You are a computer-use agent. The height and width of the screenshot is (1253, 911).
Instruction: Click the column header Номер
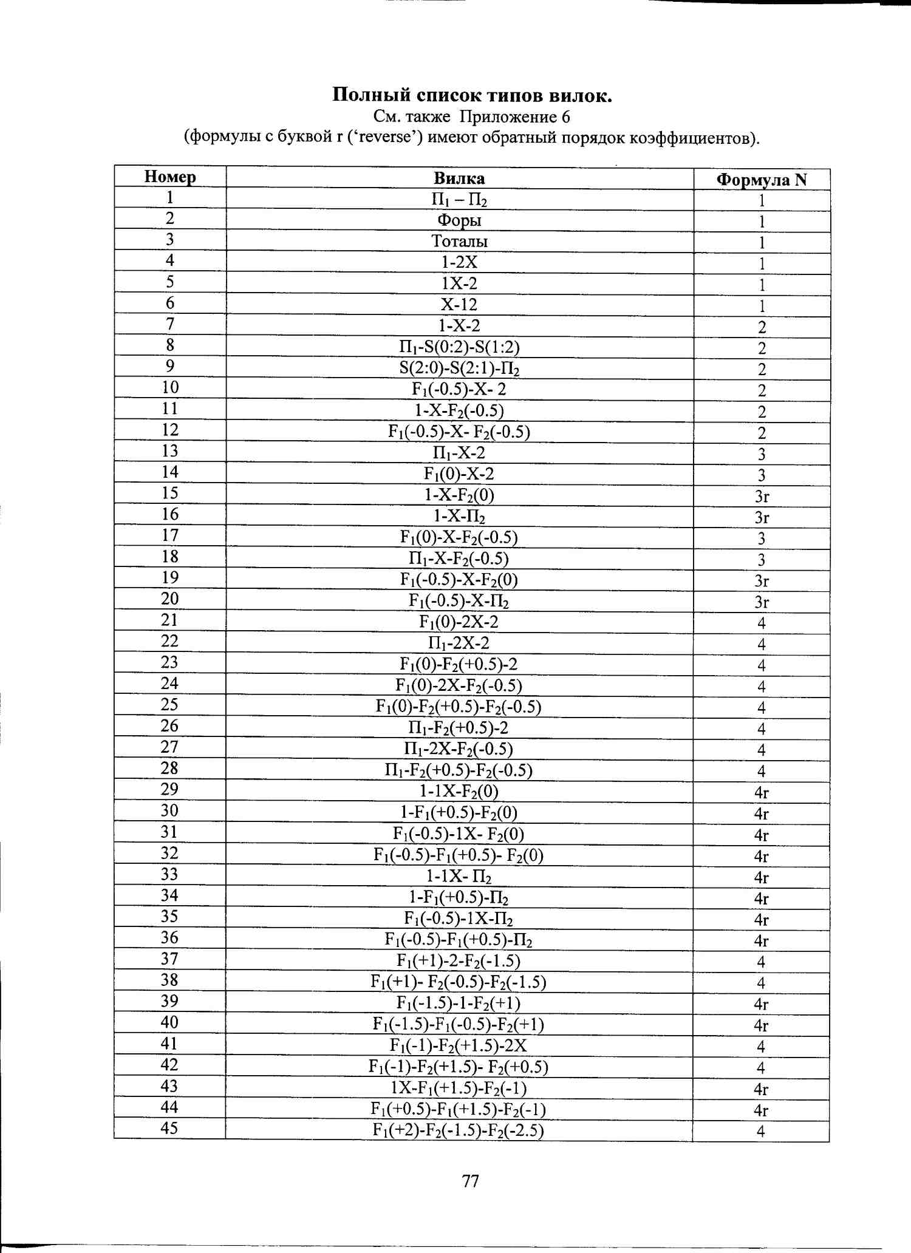(x=170, y=177)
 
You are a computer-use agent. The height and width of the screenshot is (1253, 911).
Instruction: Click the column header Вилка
(x=459, y=178)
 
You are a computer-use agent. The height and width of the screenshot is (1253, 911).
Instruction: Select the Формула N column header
(x=762, y=180)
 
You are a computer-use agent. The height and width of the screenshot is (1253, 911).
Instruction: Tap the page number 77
(x=471, y=1181)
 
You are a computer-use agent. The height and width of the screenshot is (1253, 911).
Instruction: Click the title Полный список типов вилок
(x=472, y=95)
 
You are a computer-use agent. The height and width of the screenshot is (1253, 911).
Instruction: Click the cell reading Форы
(x=459, y=220)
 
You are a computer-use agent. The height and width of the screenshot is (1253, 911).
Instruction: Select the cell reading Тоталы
(x=459, y=242)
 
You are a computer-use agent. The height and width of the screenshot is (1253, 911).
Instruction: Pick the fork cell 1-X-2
(x=459, y=326)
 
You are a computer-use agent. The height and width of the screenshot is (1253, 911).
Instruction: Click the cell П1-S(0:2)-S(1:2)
(x=459, y=347)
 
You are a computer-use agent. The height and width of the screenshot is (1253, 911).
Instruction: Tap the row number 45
(x=169, y=1128)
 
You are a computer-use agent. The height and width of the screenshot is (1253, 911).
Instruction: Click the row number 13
(x=169, y=451)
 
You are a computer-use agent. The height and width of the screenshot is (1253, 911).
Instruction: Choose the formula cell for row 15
(x=762, y=497)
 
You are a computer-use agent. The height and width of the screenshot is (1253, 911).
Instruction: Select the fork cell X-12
(x=459, y=305)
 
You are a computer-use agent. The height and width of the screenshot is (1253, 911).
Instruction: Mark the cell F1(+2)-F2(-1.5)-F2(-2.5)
(x=459, y=1130)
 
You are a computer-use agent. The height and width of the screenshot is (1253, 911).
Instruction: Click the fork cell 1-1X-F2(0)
(x=459, y=792)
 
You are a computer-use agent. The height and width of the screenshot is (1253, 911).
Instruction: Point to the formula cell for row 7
(x=762, y=328)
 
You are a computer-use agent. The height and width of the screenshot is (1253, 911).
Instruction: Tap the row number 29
(x=169, y=789)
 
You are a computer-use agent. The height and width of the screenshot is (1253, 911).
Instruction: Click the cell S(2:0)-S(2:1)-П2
(x=459, y=368)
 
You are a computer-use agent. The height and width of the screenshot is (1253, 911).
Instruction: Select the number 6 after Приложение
(x=565, y=117)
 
